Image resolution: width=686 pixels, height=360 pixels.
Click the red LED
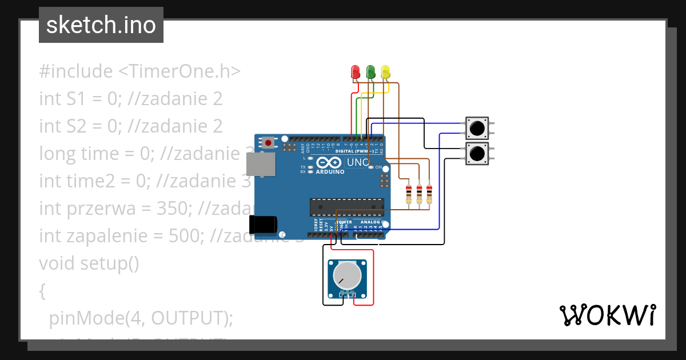tap(356, 72)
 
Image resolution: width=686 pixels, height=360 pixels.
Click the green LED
tap(370, 72)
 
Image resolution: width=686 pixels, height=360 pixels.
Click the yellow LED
tap(385, 72)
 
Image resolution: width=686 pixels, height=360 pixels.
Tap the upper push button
tap(477, 128)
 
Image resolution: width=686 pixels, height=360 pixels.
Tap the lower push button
tap(477, 153)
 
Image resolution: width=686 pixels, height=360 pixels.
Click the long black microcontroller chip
tap(346, 207)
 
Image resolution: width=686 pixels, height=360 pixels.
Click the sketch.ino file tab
tap(101, 25)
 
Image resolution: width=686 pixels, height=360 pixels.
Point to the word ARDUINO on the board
tap(330, 171)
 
